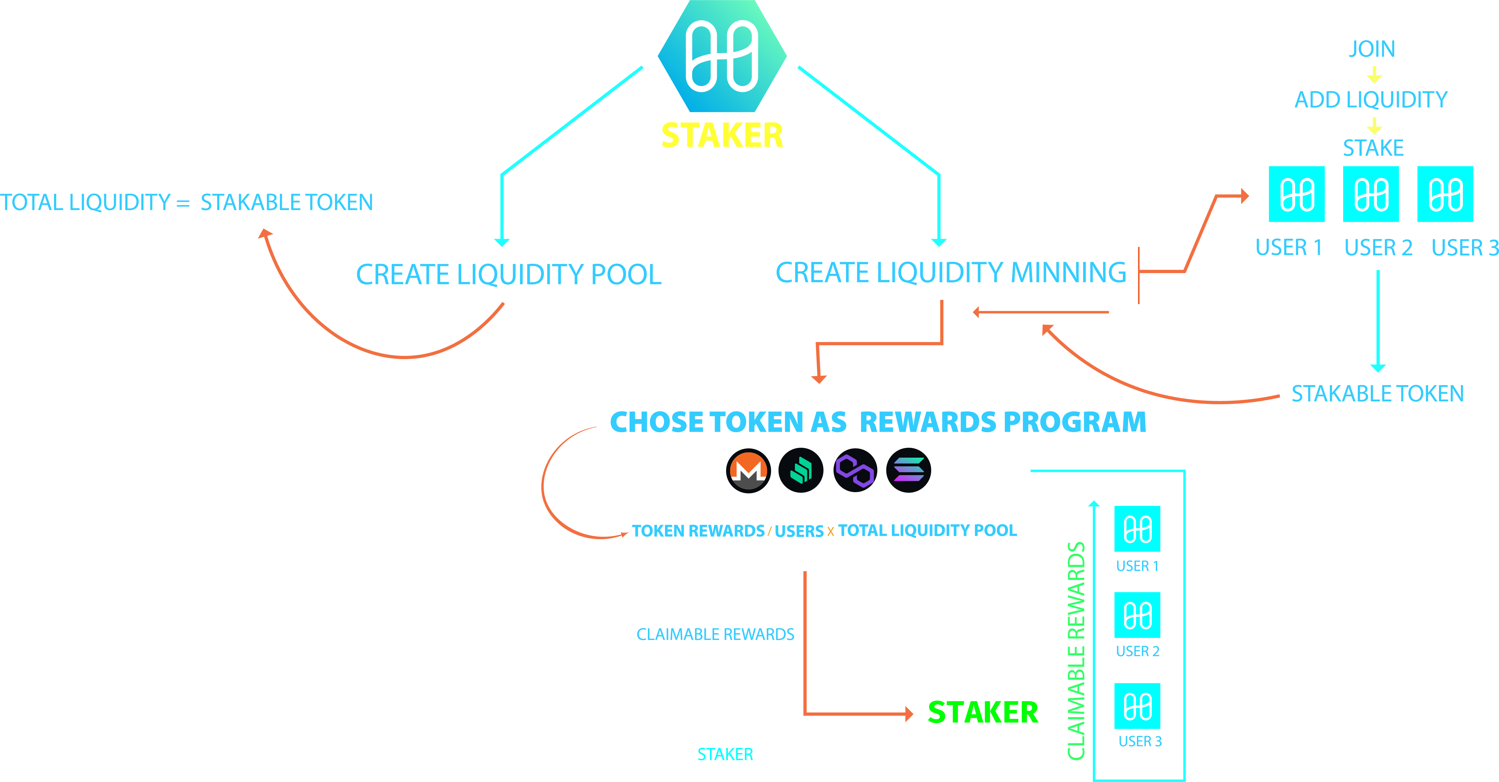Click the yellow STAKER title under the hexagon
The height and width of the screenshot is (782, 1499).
[x=722, y=136]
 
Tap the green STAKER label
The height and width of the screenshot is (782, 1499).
[x=982, y=713]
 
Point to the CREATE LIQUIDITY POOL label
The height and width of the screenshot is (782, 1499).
[x=509, y=275]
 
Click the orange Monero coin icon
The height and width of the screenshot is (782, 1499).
[x=748, y=470]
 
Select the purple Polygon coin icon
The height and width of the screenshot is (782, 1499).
[x=855, y=470]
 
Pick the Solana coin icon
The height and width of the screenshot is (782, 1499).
[x=908, y=470]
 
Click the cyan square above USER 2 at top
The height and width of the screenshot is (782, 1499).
[x=1371, y=194]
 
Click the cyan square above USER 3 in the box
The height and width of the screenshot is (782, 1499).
[x=1137, y=706]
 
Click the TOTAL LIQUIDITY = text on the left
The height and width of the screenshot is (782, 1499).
[x=95, y=203]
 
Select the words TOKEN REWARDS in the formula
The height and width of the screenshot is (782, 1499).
[x=698, y=531]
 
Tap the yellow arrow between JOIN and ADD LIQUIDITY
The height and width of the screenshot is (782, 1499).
[x=1374, y=75]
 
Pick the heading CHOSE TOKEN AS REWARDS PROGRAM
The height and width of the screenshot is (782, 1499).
[x=877, y=422]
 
